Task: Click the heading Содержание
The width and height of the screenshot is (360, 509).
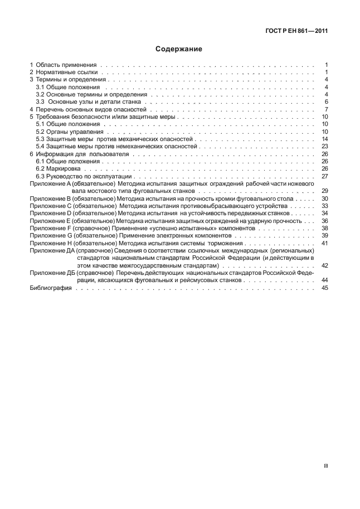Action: click(x=179, y=49)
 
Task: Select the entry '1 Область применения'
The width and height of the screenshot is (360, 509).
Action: click(x=63, y=65)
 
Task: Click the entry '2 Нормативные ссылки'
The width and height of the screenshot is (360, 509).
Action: click(x=63, y=72)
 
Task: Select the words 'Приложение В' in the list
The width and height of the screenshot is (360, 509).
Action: click(x=48, y=198)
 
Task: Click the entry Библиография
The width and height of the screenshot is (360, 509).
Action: click(x=50, y=288)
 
